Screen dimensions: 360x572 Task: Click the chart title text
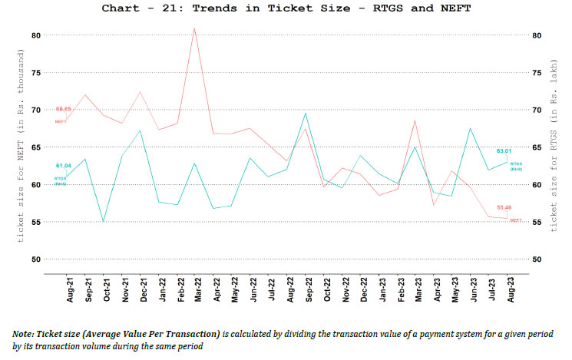pyautogui.click(x=286, y=9)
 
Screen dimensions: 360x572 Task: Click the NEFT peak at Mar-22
pyautogui.click(x=194, y=28)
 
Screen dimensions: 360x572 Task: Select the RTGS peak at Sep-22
pyautogui.click(x=306, y=114)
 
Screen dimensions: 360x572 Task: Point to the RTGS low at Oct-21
pyautogui.click(x=103, y=221)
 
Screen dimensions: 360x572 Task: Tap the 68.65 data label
pyautogui.click(x=63, y=110)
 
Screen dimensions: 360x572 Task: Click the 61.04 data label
pyautogui.click(x=63, y=166)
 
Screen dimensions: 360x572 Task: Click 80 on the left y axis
pyautogui.click(x=36, y=35)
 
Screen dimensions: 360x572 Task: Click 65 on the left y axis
pyautogui.click(x=36, y=147)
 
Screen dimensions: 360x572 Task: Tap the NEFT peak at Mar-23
pyautogui.click(x=415, y=121)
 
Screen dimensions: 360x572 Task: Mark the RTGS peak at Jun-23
pyautogui.click(x=470, y=129)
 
